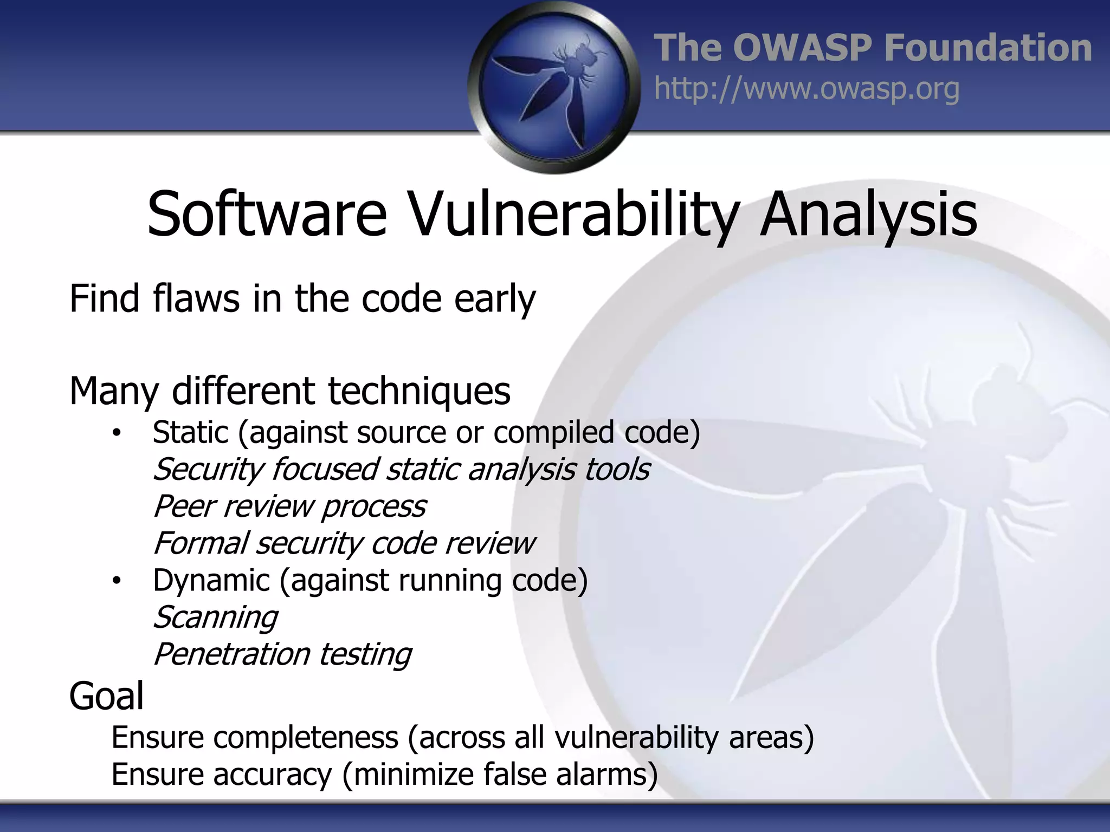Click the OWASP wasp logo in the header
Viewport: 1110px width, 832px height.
click(553, 87)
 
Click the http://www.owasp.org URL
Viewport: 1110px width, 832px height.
click(806, 89)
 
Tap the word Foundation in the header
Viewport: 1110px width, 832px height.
click(988, 48)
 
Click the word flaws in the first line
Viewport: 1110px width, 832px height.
click(196, 298)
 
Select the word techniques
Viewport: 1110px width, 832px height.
click(419, 391)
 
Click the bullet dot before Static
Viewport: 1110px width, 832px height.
click(116, 433)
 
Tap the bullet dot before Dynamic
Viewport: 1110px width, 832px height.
click(116, 581)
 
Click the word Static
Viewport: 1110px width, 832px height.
click(191, 432)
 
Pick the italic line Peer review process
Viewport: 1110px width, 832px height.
click(289, 506)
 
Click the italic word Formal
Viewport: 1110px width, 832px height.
click(201, 543)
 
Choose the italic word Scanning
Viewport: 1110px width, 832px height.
click(215, 617)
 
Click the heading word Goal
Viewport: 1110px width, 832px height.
click(107, 696)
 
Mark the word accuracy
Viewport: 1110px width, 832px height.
click(272, 775)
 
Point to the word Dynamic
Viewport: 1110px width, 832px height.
click(211, 581)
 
